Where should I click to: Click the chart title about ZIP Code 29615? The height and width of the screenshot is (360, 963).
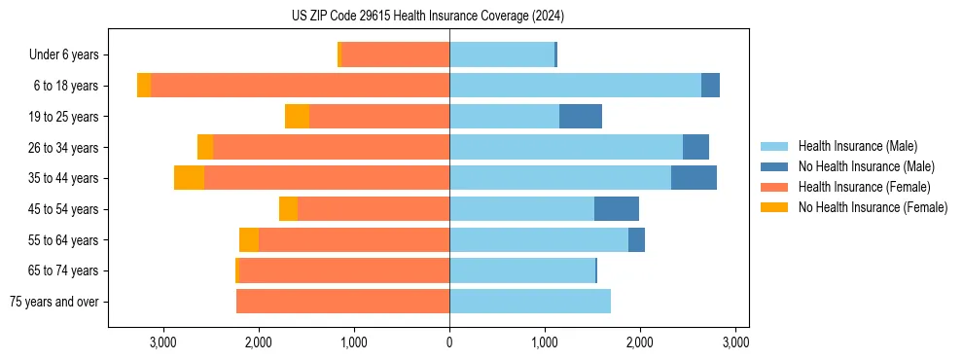[428, 17]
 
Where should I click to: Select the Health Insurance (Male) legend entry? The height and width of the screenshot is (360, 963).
[857, 146]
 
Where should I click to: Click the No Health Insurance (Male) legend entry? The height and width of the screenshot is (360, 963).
[866, 166]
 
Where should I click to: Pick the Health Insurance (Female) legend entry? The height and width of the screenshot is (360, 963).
[864, 187]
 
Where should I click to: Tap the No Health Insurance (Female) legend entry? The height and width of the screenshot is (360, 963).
[873, 207]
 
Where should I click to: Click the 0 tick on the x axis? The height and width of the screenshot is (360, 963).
[449, 342]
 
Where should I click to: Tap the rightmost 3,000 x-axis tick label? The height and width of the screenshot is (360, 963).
[735, 342]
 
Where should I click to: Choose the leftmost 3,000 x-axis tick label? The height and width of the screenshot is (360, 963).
[163, 342]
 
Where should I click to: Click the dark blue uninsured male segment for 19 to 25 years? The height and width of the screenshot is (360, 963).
[581, 117]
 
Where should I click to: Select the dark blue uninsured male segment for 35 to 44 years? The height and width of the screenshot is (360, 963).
[694, 178]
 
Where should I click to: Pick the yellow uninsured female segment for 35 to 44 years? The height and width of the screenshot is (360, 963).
[189, 178]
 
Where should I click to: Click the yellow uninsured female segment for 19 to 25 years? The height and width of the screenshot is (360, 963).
[297, 117]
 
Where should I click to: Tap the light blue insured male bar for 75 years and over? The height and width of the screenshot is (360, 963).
[530, 302]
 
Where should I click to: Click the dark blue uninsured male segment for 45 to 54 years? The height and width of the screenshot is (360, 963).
[617, 209]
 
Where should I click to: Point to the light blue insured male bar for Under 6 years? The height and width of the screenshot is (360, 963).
[502, 55]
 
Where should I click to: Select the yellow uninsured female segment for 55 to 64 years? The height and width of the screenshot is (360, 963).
[249, 240]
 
